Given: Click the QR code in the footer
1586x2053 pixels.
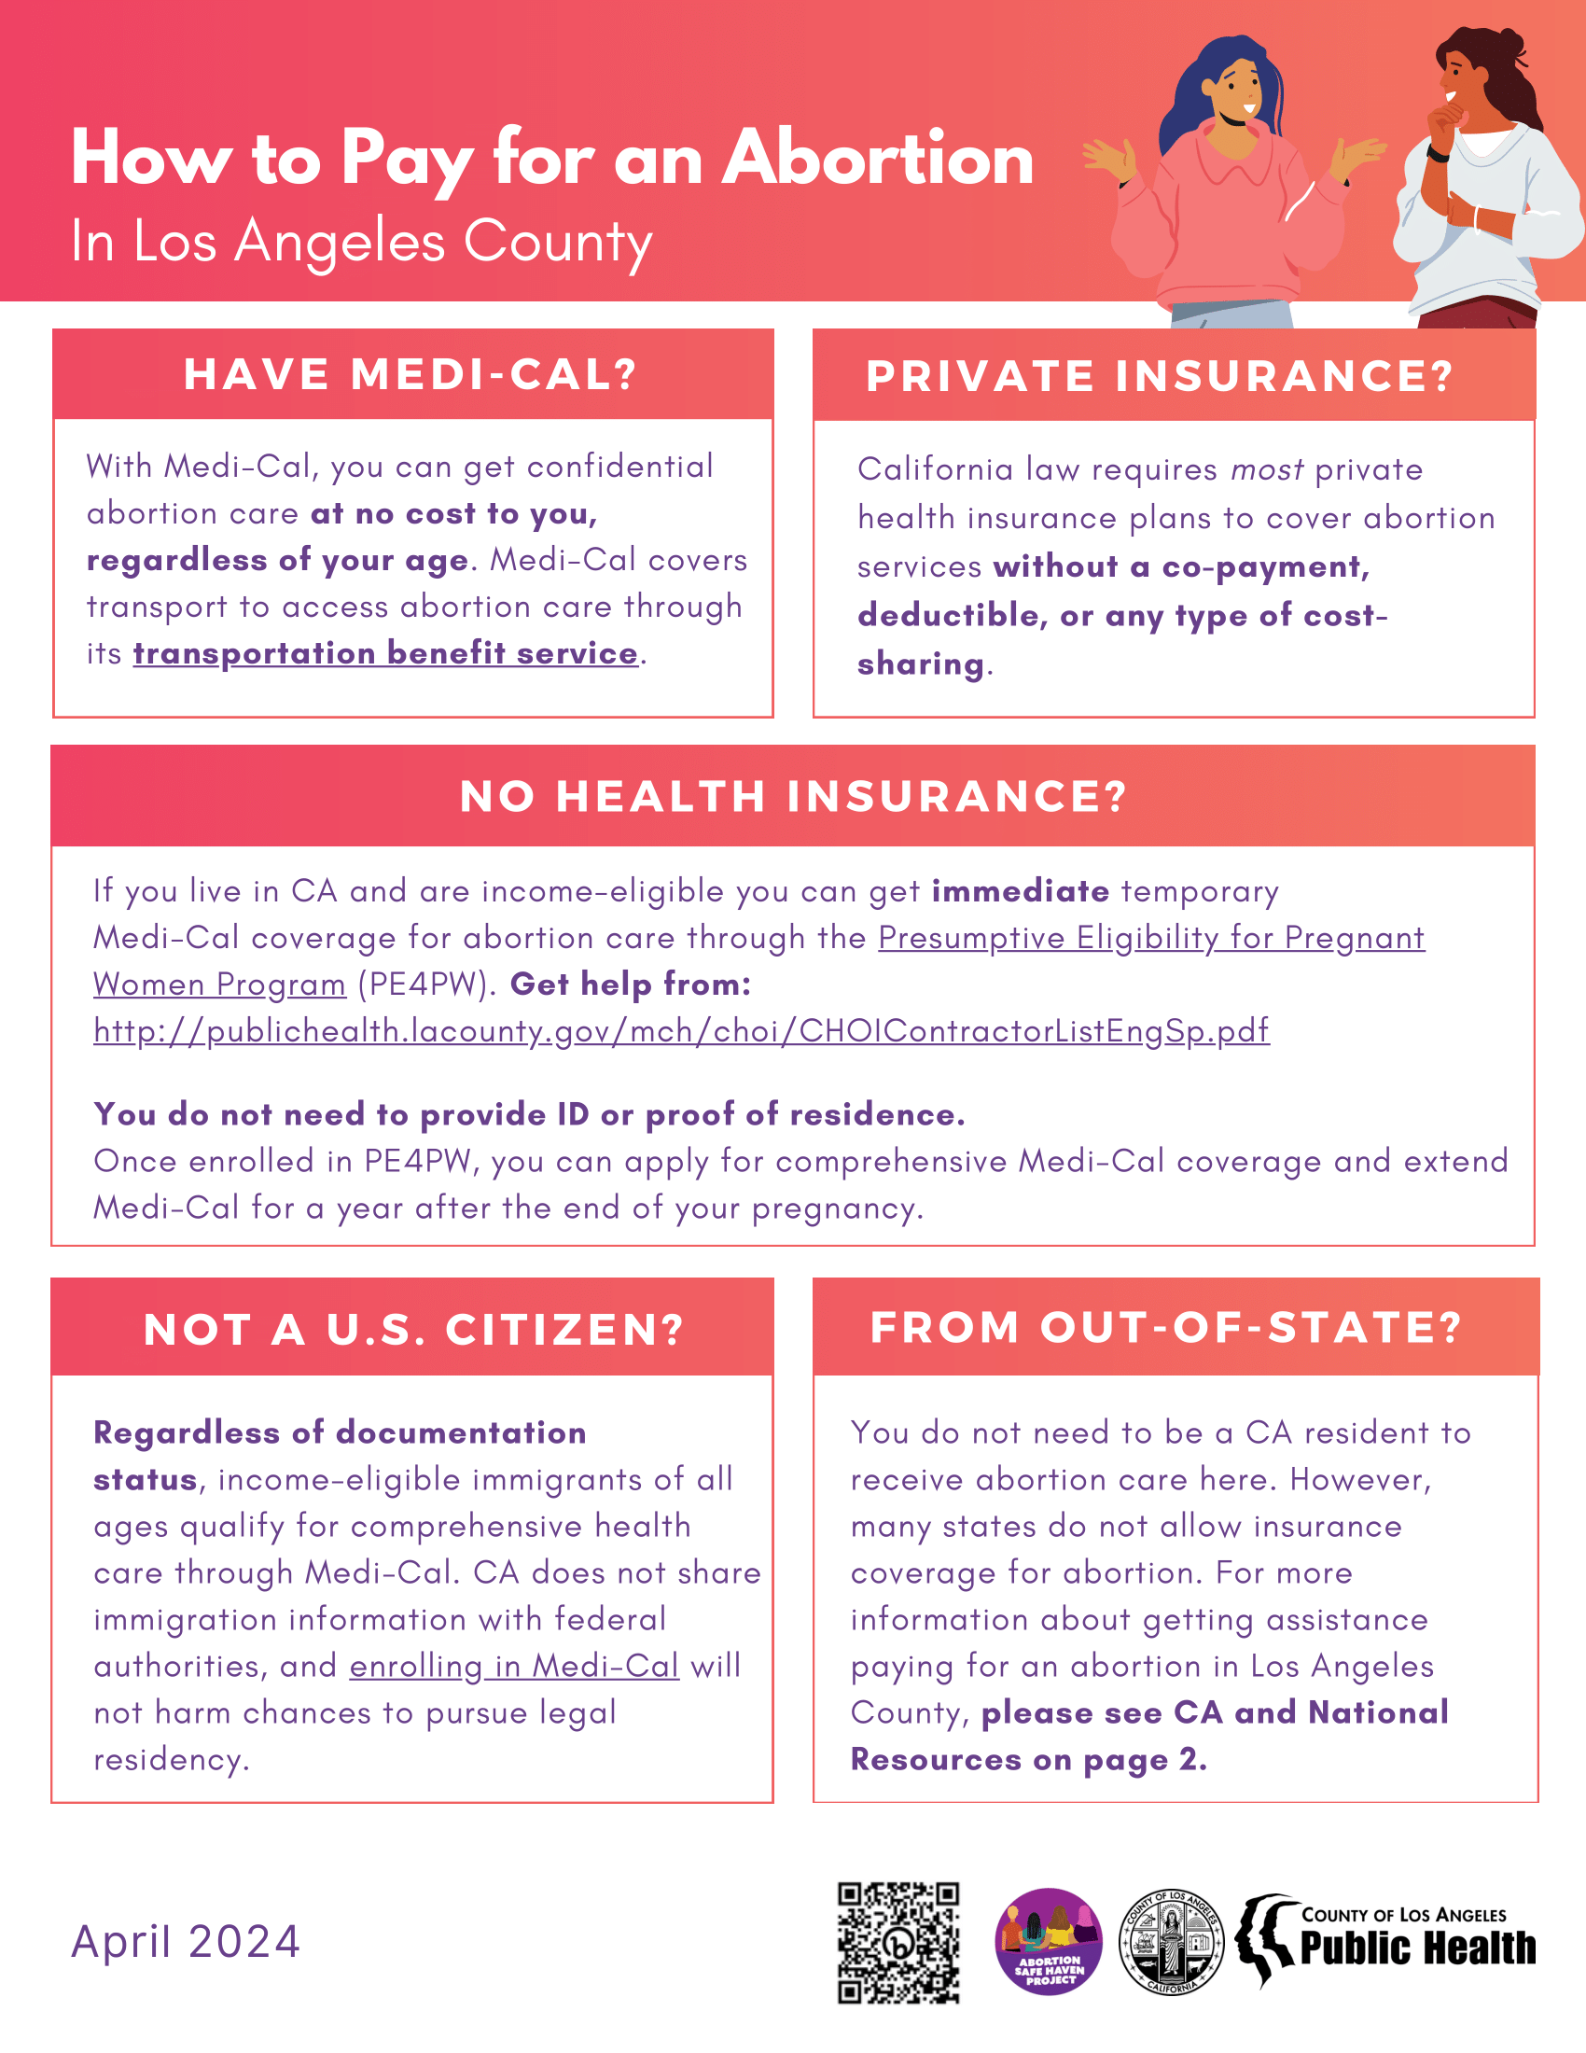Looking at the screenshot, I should point(898,1942).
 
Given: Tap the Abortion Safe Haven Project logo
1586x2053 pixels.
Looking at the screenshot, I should point(1048,1942).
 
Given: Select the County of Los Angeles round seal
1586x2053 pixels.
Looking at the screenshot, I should point(1171,1942).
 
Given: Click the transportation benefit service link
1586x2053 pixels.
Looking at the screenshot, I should point(385,653).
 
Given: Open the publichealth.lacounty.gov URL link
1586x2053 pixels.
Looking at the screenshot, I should point(681,1031).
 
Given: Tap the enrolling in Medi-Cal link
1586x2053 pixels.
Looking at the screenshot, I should point(514,1666).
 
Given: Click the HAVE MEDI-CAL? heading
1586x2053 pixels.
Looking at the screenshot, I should point(411,374).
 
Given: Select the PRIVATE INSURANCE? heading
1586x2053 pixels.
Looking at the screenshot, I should point(1161,376).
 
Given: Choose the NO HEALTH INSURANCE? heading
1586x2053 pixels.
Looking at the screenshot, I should point(793,796).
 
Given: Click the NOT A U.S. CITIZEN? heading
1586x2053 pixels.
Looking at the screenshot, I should point(413,1329).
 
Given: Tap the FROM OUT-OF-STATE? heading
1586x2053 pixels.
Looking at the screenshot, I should point(1166,1327).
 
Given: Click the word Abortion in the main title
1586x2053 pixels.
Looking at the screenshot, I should point(878,158).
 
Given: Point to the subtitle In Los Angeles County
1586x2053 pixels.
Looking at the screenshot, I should point(362,242).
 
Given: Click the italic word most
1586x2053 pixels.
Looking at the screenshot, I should point(1267,469).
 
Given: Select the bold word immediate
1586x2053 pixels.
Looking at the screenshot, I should point(1021,891).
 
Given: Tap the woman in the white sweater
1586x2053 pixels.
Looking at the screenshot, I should point(1480,188).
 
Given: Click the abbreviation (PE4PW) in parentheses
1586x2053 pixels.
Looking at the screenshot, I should point(426,985).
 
